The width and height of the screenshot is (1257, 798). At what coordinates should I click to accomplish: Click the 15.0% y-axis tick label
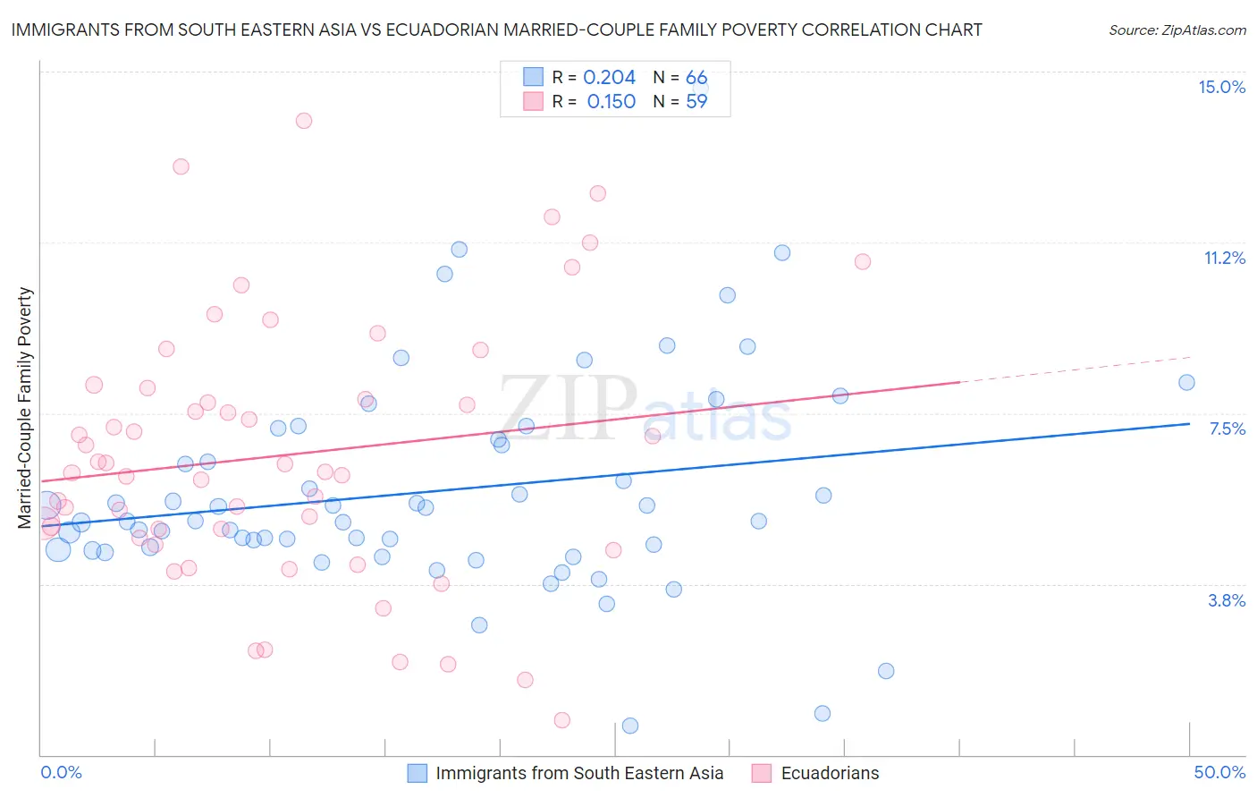pyautogui.click(x=1221, y=87)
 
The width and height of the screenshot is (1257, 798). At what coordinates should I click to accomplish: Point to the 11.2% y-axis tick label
pyautogui.click(x=1224, y=258)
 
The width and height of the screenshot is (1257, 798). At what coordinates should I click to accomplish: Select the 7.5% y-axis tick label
pyautogui.click(x=1227, y=429)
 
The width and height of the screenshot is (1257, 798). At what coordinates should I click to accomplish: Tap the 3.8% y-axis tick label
pyautogui.click(x=1227, y=600)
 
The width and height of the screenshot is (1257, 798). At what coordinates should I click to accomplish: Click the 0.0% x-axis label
pyautogui.click(x=61, y=772)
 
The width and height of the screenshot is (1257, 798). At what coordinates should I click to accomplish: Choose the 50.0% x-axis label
pyautogui.click(x=1219, y=772)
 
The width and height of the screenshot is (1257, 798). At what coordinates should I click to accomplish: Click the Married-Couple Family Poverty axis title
pyautogui.click(x=25, y=407)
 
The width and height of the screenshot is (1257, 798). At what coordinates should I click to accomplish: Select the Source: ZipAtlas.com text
pyautogui.click(x=1177, y=30)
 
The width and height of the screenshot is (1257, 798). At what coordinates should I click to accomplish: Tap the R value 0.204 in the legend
pyautogui.click(x=609, y=78)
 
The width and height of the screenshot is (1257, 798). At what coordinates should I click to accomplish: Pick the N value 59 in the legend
pyautogui.click(x=696, y=102)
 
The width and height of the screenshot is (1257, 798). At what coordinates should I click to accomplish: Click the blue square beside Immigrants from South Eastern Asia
pyautogui.click(x=417, y=773)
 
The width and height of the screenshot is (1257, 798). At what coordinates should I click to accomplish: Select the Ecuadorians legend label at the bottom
pyautogui.click(x=830, y=773)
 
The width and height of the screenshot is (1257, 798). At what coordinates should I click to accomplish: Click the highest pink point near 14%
pyautogui.click(x=304, y=121)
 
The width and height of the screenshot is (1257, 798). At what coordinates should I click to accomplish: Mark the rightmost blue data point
pyautogui.click(x=1186, y=383)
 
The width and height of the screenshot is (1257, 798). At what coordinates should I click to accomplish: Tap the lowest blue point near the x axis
pyautogui.click(x=630, y=726)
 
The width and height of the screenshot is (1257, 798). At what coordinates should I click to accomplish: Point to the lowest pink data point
pyautogui.click(x=562, y=720)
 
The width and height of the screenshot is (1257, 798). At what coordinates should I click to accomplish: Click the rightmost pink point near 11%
pyautogui.click(x=863, y=261)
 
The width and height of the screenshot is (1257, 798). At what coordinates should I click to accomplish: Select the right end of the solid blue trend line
pyautogui.click(x=1189, y=424)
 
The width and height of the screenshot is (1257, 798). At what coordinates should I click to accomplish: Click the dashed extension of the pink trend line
pyautogui.click(x=1073, y=369)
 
